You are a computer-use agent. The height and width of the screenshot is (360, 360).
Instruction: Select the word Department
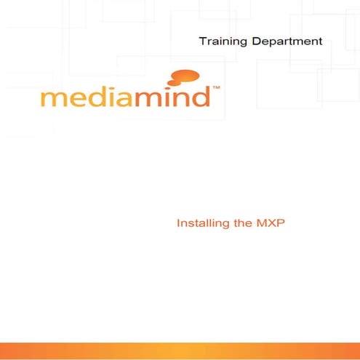click(287, 41)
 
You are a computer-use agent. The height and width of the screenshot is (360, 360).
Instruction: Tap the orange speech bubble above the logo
click(185, 76)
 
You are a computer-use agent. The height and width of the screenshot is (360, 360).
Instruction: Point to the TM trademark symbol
click(216, 88)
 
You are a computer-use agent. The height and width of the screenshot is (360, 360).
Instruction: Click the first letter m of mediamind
click(53, 98)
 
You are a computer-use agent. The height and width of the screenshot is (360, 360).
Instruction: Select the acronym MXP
click(270, 223)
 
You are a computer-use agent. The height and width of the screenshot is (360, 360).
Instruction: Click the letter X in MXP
click(270, 223)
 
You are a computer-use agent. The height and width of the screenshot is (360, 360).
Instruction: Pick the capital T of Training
click(203, 41)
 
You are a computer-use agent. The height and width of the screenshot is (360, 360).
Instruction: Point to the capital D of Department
click(256, 41)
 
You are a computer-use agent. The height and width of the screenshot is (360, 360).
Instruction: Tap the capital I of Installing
click(179, 223)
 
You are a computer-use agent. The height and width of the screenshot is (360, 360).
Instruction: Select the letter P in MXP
click(279, 223)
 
